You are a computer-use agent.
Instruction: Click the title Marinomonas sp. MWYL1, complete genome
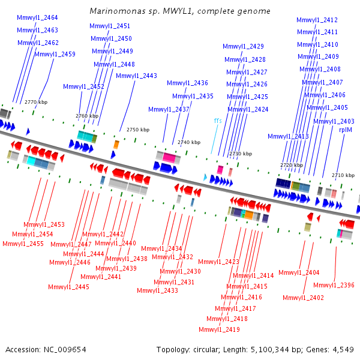[180, 11]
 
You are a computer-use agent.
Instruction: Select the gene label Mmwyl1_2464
[37, 17]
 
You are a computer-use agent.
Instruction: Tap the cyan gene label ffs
[218, 121]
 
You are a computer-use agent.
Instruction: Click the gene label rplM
[346, 130]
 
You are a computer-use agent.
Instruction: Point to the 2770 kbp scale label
[36, 102]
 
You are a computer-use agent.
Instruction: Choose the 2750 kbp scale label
[138, 130]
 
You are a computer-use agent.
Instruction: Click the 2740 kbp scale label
[189, 142]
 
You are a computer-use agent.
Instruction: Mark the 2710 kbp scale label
[343, 175]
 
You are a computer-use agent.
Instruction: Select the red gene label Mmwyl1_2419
[219, 329]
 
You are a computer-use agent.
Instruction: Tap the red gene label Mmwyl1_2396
[334, 285]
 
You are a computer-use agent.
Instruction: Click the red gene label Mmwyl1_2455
[23, 244]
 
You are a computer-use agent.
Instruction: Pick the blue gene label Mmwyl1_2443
[136, 76]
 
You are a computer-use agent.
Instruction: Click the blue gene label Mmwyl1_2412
[317, 20]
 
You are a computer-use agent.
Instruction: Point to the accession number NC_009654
[65, 350]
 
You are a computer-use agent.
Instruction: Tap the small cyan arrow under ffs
[205, 177]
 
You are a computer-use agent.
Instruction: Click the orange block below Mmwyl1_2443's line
[116, 145]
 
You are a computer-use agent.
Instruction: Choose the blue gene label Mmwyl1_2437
[169, 109]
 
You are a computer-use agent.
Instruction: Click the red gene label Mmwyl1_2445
[68, 287]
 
